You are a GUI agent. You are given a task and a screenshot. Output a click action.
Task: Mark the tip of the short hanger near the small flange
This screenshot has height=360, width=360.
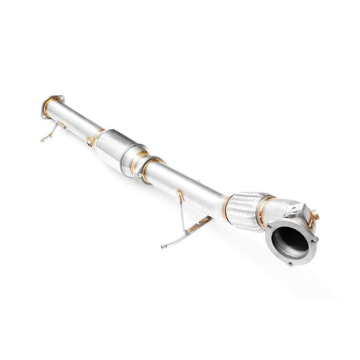[42, 140]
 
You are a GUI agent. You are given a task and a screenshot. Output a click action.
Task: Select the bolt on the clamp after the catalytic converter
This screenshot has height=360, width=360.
[141, 174]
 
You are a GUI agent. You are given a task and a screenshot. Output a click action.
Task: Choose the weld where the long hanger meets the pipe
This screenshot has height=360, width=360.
[180, 194]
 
